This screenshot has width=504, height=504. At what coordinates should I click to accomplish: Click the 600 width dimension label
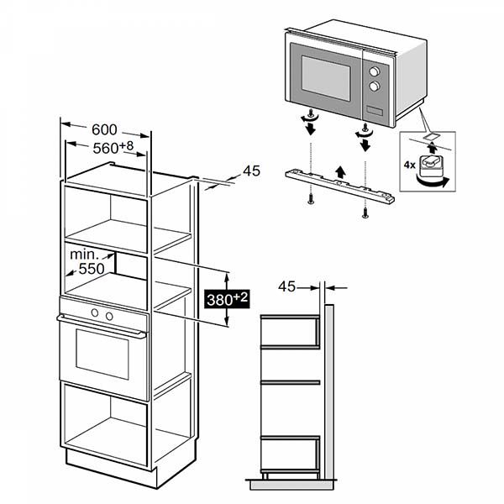click(x=103, y=129)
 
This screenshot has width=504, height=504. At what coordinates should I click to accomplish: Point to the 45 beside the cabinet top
click(x=251, y=171)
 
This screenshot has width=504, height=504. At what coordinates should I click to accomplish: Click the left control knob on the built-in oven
click(x=95, y=314)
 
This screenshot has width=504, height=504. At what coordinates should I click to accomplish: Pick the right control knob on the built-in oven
click(x=108, y=314)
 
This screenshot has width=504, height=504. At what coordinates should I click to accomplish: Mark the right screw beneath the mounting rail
click(x=365, y=213)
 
